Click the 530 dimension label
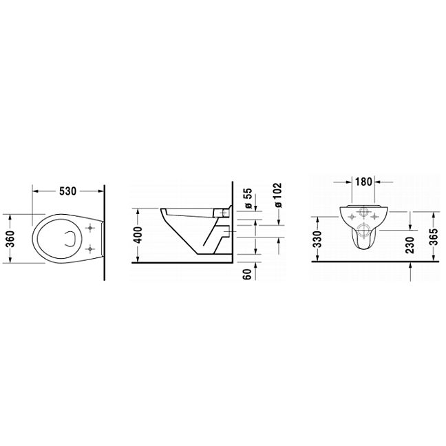pos(67,191)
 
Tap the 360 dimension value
pos(10,238)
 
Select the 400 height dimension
pos(138,235)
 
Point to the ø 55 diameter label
pos(248,198)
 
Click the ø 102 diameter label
pos(277,195)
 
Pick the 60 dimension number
pos(248,274)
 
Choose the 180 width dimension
pos(363,181)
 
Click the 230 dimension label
pos(410,244)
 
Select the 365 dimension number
pos(434,237)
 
